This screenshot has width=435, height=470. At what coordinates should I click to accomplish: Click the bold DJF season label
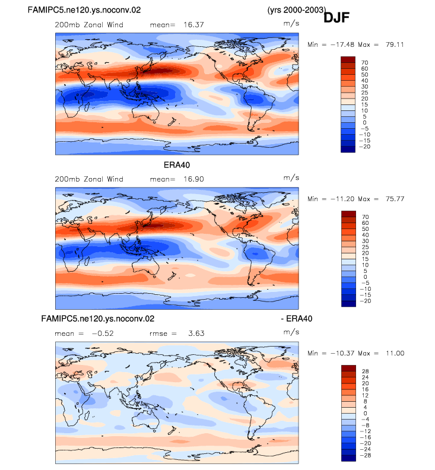point(336,18)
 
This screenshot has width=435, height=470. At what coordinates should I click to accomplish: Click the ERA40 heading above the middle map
point(177,165)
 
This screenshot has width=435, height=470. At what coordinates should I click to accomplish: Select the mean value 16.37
point(193,24)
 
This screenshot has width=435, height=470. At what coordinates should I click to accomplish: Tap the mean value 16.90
point(193,179)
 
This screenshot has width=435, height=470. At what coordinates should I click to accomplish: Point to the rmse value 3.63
point(196,334)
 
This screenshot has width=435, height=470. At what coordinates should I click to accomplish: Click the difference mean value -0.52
point(103,334)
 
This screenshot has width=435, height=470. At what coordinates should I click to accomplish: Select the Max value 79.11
point(395,45)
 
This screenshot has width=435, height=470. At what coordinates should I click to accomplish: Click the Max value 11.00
point(395,354)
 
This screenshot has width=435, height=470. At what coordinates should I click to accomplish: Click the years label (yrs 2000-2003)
point(297,10)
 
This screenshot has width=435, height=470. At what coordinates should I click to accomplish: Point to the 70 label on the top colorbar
point(364,63)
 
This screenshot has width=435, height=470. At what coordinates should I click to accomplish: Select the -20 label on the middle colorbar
point(366,301)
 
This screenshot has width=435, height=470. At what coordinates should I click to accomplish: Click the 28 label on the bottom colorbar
point(365,371)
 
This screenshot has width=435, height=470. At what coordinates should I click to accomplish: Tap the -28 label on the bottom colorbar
point(366,455)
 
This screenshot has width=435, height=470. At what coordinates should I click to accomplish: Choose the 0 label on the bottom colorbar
point(365,414)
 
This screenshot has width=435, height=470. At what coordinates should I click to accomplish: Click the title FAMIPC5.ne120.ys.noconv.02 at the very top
point(84,10)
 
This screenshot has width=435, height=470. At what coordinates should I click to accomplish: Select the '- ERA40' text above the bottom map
point(297,319)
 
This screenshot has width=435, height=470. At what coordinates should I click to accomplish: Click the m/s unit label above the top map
point(291,23)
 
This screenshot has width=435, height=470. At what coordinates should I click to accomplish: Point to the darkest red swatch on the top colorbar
point(348,60)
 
